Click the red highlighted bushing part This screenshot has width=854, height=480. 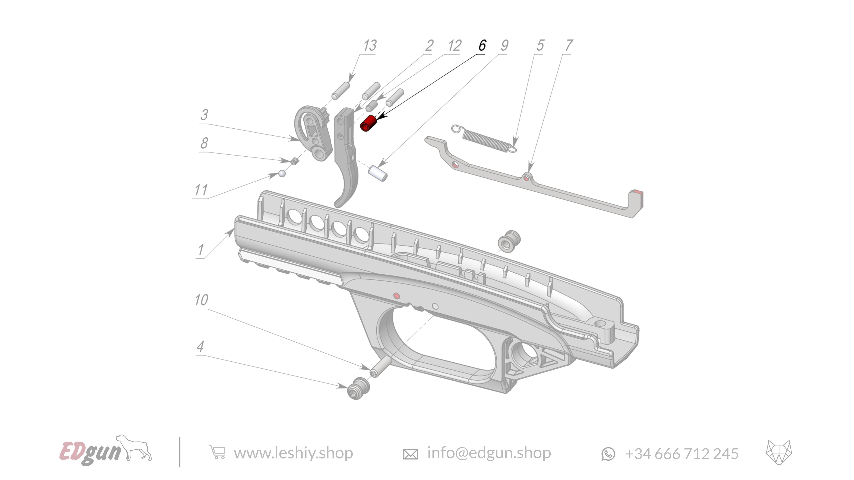[x=368, y=124]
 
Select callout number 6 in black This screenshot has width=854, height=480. [x=482, y=45]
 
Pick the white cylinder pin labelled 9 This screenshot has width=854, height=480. [x=378, y=174]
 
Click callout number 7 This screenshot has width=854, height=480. [x=569, y=45]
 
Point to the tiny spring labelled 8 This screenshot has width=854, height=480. [x=294, y=161]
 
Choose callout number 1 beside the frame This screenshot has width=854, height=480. [x=200, y=249]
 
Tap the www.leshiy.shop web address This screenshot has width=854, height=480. [x=293, y=453]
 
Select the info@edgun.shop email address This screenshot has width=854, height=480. [x=489, y=453]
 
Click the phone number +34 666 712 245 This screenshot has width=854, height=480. [x=681, y=454]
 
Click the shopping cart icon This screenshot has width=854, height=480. [x=217, y=452]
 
